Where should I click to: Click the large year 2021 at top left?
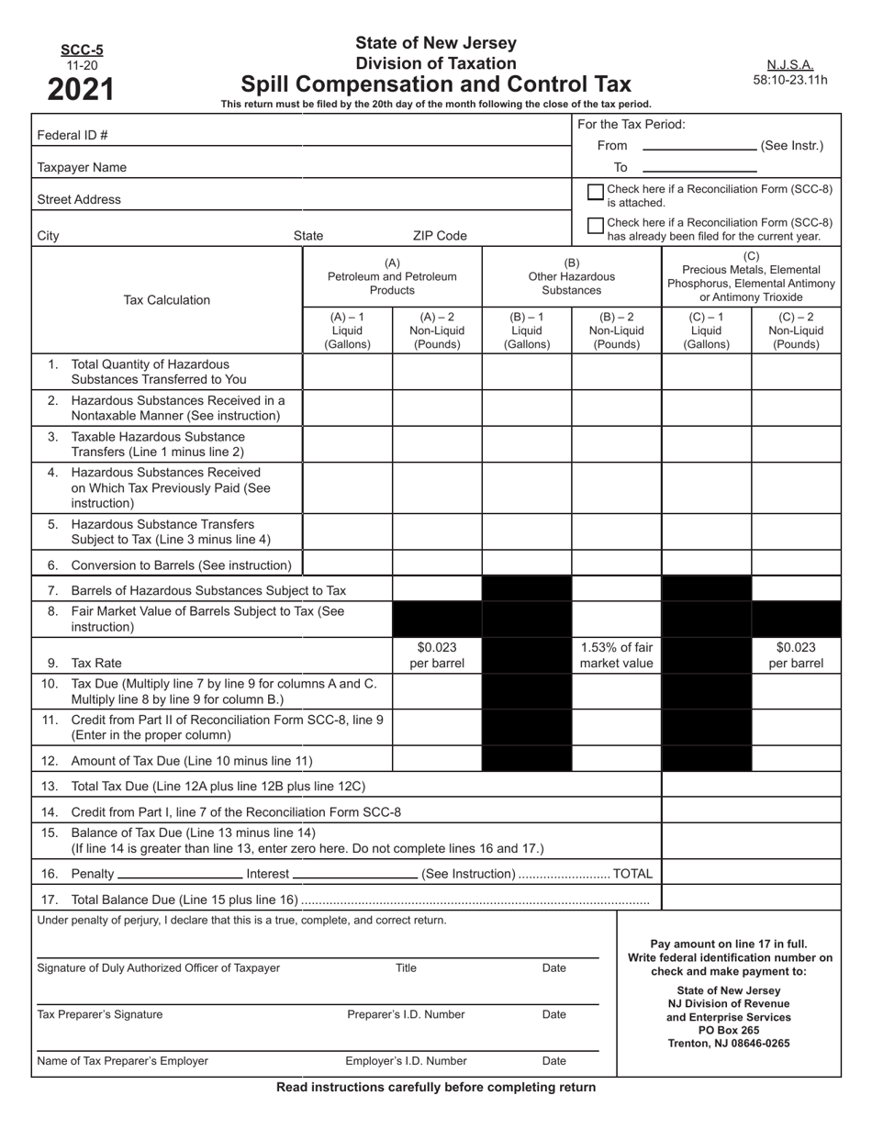click(x=82, y=89)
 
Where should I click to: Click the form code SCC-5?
click(x=82, y=50)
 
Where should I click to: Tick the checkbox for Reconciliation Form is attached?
click(x=595, y=192)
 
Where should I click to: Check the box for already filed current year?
click(x=595, y=225)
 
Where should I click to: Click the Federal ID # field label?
click(x=73, y=135)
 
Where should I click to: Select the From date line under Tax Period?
click(x=699, y=145)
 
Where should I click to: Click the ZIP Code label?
click(x=440, y=236)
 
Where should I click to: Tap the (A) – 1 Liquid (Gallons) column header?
click(x=348, y=330)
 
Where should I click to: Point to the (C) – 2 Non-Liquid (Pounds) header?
click(x=796, y=330)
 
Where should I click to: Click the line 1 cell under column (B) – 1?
click(x=527, y=372)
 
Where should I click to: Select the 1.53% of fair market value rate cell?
click(x=617, y=655)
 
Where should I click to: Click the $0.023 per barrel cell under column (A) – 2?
click(x=437, y=655)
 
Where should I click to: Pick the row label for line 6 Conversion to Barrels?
click(x=181, y=565)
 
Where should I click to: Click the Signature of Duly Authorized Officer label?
click(x=158, y=967)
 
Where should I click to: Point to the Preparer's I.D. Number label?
click(x=406, y=1014)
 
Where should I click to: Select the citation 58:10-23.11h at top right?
click(x=789, y=80)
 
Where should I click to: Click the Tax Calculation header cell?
click(x=167, y=300)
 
